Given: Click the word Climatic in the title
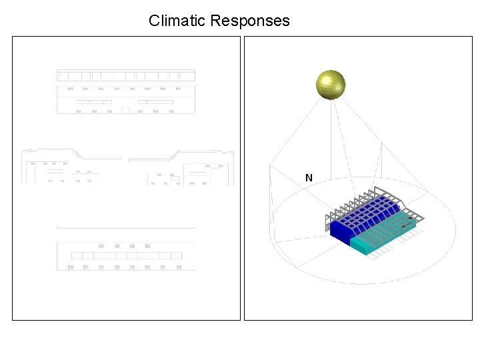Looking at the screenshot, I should click(177, 21).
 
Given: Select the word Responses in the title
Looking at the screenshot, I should click(250, 21).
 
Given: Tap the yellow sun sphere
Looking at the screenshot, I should click(331, 85).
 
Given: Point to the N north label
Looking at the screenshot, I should click(309, 178).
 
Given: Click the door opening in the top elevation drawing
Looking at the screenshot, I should click(125, 110).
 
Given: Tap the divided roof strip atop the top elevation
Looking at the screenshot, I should click(126, 75).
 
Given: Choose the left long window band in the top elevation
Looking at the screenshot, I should click(94, 101).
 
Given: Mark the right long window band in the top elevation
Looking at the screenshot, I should click(155, 101).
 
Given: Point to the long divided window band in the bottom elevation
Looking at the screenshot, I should click(126, 255).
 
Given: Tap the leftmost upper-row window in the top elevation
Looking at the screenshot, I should click(70, 88).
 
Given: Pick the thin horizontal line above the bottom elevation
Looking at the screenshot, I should click(126, 227).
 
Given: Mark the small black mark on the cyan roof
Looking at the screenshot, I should click(403, 227).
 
